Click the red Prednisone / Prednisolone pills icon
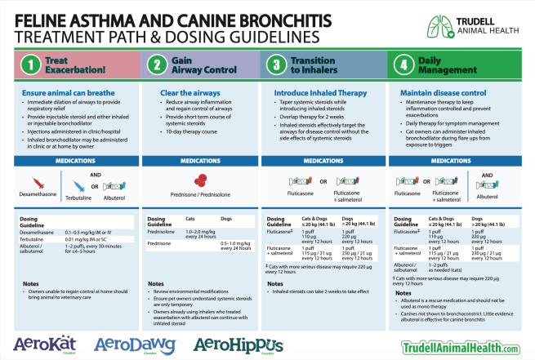[198, 180]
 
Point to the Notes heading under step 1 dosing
[32, 284]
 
